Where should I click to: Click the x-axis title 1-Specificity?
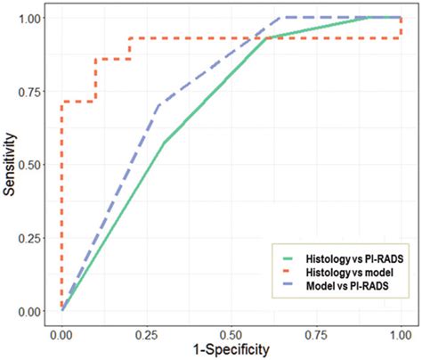point(231,350)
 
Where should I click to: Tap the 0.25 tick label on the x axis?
point(146,331)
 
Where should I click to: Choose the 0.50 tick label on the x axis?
point(231,331)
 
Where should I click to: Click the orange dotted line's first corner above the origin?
point(61,102)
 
